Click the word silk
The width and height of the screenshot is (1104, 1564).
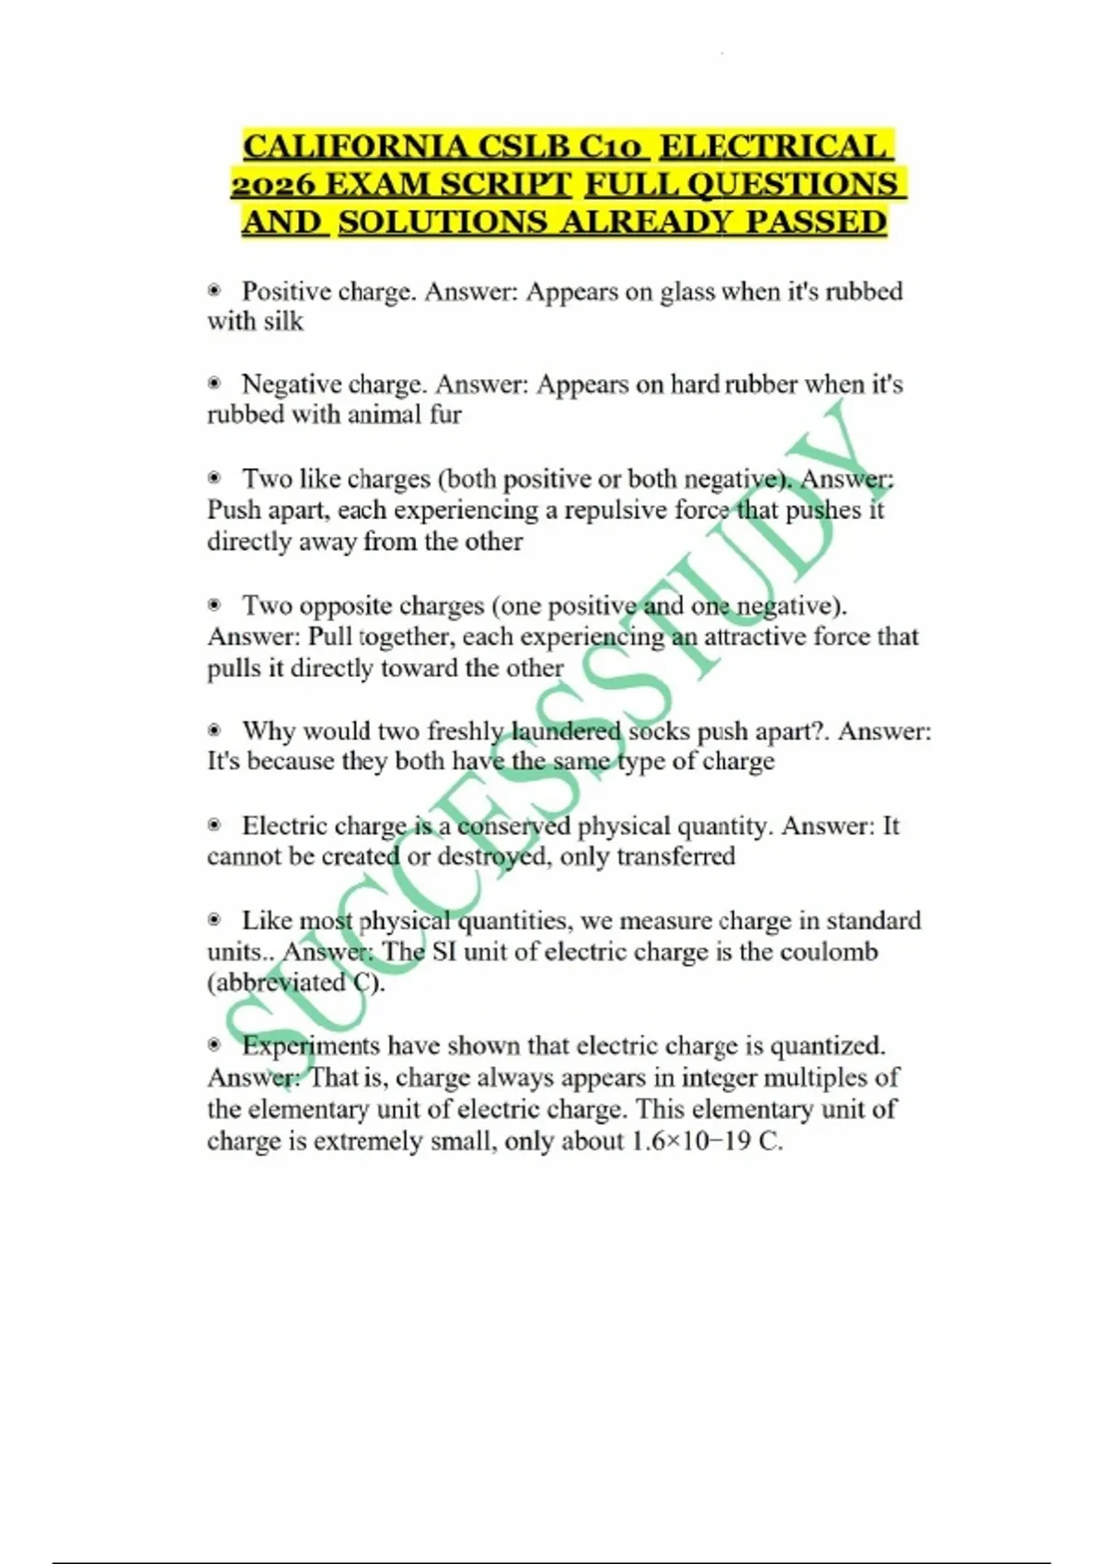[282, 322]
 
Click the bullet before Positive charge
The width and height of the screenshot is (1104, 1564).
[214, 291]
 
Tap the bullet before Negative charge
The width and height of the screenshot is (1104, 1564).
[214, 383]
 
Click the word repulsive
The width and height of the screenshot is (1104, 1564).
[607, 510]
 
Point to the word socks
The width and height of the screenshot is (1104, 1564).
[659, 731]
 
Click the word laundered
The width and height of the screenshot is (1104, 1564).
[566, 731]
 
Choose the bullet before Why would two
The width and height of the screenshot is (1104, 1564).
[214, 730]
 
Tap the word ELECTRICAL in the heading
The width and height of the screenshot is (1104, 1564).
[775, 147]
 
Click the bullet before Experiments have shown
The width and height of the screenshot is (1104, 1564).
[214, 1045]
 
